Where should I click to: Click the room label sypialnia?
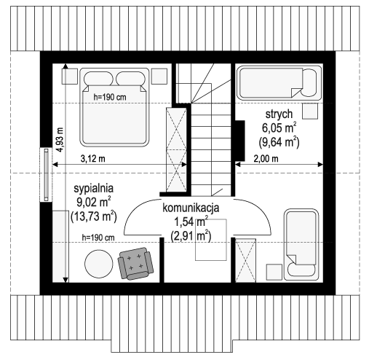click(x=94, y=189)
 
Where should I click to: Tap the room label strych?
click(x=279, y=114)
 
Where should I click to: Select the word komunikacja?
click(x=191, y=208)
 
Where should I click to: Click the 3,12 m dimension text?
click(x=92, y=159)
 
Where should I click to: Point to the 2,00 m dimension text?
click(x=266, y=159)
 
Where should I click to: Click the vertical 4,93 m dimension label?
click(x=60, y=140)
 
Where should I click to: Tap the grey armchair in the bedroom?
click(x=135, y=264)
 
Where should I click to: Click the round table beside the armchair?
click(x=99, y=264)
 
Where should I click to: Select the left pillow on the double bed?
click(x=98, y=79)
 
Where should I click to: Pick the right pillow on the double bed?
click(x=130, y=79)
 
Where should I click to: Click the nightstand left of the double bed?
click(x=70, y=77)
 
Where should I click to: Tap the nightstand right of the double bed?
click(x=159, y=77)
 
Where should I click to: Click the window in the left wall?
click(x=46, y=175)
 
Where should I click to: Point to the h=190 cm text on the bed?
click(x=110, y=98)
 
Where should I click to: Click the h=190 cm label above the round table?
click(x=98, y=238)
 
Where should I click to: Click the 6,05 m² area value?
click(x=279, y=128)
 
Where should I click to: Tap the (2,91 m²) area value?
click(x=191, y=235)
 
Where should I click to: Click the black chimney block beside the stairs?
click(x=239, y=141)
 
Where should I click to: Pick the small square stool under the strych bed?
click(x=310, y=111)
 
